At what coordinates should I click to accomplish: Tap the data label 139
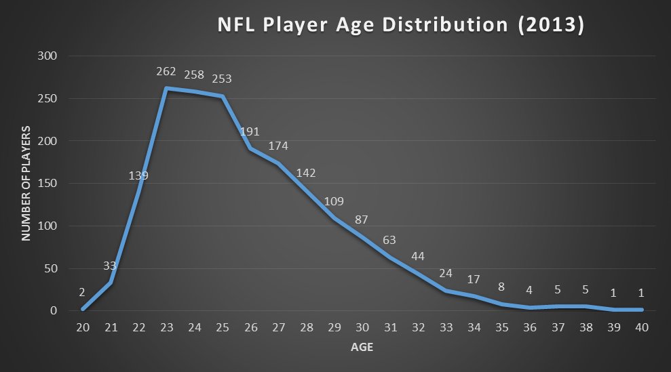138,175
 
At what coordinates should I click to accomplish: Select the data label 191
250,132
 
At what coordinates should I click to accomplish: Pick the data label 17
474,279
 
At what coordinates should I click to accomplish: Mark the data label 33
111,265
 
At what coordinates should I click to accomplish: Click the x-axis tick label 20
83,327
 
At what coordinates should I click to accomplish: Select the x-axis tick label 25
222,327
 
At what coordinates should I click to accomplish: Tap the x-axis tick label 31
390,327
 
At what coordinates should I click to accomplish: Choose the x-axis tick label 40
641,327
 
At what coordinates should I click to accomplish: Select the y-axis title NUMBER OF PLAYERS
26,183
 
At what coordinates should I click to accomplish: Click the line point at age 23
166,88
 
